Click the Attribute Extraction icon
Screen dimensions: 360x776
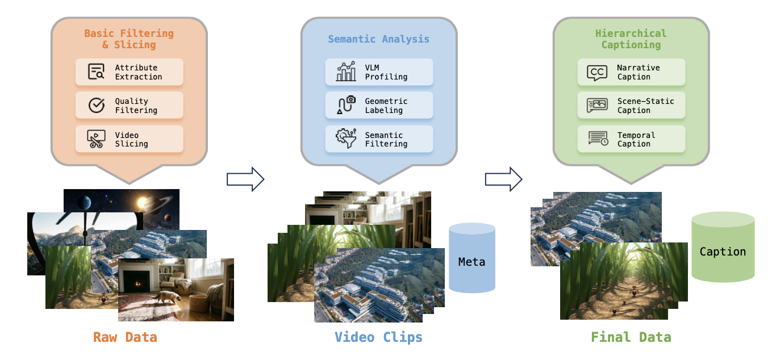click(97, 72)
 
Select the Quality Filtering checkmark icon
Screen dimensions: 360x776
click(97, 106)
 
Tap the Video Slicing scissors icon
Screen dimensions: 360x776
click(97, 139)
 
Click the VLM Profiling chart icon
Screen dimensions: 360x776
click(346, 72)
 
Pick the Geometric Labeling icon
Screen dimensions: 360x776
click(346, 106)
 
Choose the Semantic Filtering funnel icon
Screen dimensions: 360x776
click(346, 139)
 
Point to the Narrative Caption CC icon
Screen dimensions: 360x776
click(597, 72)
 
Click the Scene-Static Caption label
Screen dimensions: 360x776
click(645, 106)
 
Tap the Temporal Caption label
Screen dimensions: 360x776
click(636, 139)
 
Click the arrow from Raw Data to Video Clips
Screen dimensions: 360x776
click(245, 179)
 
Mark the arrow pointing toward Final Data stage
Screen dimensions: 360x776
click(503, 179)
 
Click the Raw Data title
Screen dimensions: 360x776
click(125, 337)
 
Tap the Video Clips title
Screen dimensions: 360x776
click(378, 337)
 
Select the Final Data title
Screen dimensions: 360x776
click(631, 337)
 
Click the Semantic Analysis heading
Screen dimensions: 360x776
click(378, 39)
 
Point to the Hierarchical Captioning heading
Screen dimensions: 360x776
click(631, 39)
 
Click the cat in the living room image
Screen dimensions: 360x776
click(161, 298)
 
